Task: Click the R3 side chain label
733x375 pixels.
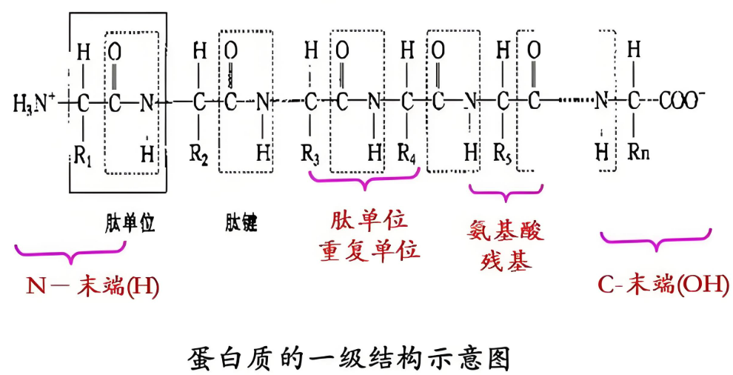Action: [x=310, y=156]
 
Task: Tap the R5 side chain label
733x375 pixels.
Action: [x=503, y=155]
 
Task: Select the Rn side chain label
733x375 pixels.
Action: [x=635, y=155]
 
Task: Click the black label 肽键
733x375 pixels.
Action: [x=240, y=223]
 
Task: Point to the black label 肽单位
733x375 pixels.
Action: [x=130, y=223]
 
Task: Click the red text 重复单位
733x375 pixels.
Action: [x=369, y=250]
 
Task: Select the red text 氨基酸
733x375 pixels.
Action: [x=506, y=231]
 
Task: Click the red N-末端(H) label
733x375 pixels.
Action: [x=93, y=285]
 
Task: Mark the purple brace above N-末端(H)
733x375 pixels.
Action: [x=70, y=253]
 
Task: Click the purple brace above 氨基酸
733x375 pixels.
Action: [x=506, y=195]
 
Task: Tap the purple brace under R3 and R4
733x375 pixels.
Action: [x=364, y=178]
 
